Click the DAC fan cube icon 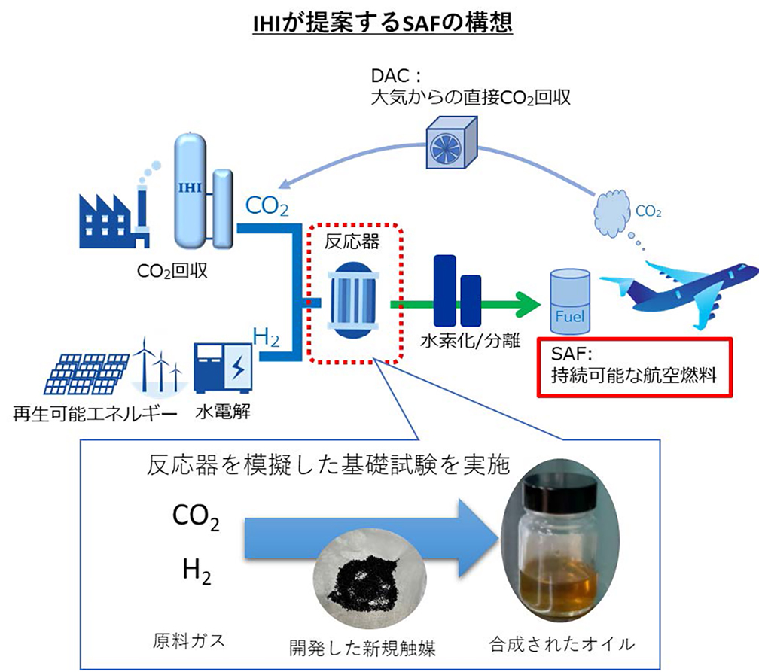click(452, 142)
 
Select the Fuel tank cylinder click(570, 303)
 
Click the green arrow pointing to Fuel click(465, 304)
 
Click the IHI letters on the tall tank click(191, 187)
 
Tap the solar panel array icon click(86, 373)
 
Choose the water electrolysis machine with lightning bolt click(223, 368)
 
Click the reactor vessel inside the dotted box click(353, 300)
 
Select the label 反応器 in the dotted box click(352, 242)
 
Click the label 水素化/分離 click(470, 341)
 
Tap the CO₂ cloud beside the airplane click(612, 213)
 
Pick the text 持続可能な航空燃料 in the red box click(634, 376)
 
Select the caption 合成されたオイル click(562, 644)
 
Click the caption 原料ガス click(189, 640)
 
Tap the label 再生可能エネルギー click(95, 414)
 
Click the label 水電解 click(223, 412)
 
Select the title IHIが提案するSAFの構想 click(383, 23)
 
